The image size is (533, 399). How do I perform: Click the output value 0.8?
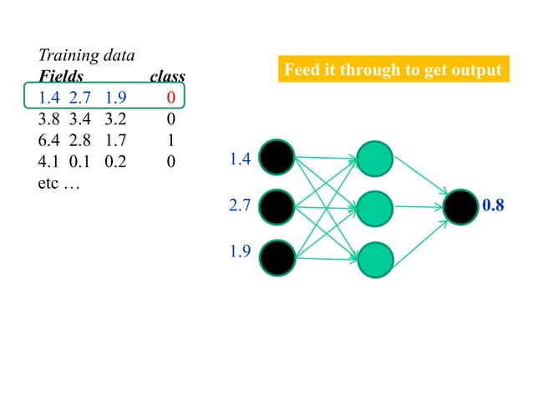(x=494, y=205)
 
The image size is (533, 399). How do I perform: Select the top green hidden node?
(x=374, y=158)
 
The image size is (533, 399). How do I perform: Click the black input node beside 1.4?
(x=277, y=157)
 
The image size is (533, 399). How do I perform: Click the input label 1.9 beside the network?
(x=240, y=251)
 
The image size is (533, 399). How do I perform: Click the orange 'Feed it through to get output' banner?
(x=393, y=70)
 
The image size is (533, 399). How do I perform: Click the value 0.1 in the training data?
(x=82, y=161)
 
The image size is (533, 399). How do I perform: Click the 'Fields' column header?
(x=61, y=77)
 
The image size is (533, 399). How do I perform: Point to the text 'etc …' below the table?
(x=58, y=183)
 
